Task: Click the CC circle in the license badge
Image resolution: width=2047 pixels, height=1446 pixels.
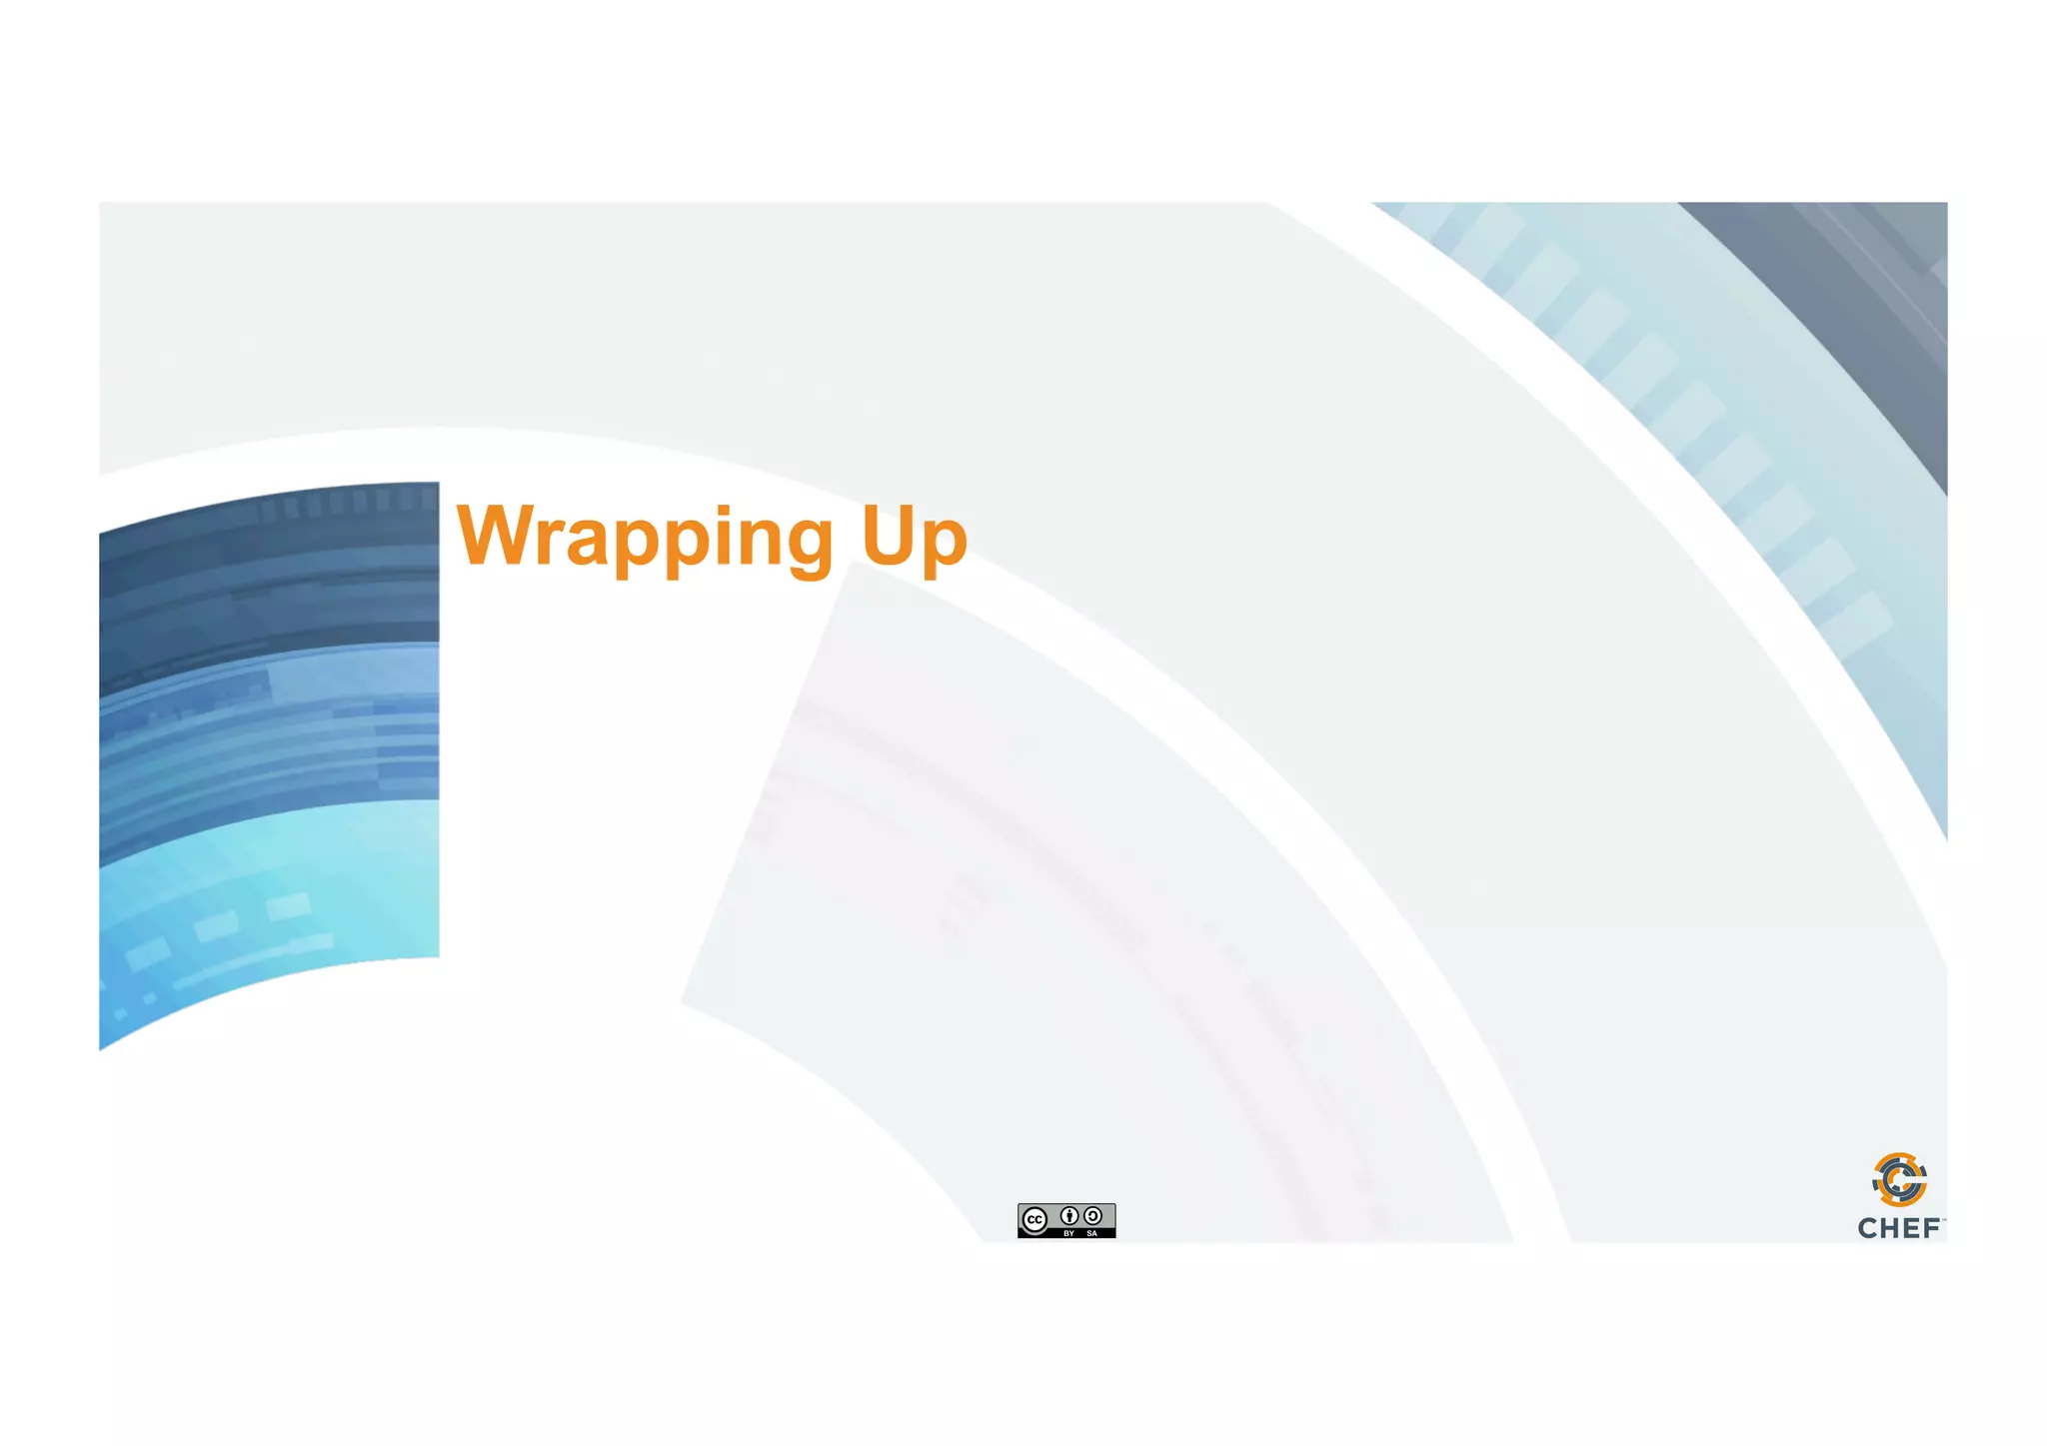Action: point(1035,1220)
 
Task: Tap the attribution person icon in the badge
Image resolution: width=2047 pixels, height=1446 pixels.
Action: point(1069,1216)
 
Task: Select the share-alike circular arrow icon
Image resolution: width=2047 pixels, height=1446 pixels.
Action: point(1093,1216)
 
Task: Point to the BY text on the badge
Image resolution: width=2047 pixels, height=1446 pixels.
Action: point(1069,1233)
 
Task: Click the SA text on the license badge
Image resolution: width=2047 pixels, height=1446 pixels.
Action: point(1092,1233)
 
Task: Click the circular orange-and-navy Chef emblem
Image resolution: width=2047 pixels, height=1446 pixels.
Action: point(1899,1180)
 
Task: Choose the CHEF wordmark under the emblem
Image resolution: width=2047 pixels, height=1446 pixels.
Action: point(1899,1228)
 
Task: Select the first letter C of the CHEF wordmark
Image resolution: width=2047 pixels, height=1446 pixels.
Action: point(1867,1228)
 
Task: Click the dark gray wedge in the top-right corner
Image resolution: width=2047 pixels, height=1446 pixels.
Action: point(1859,300)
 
